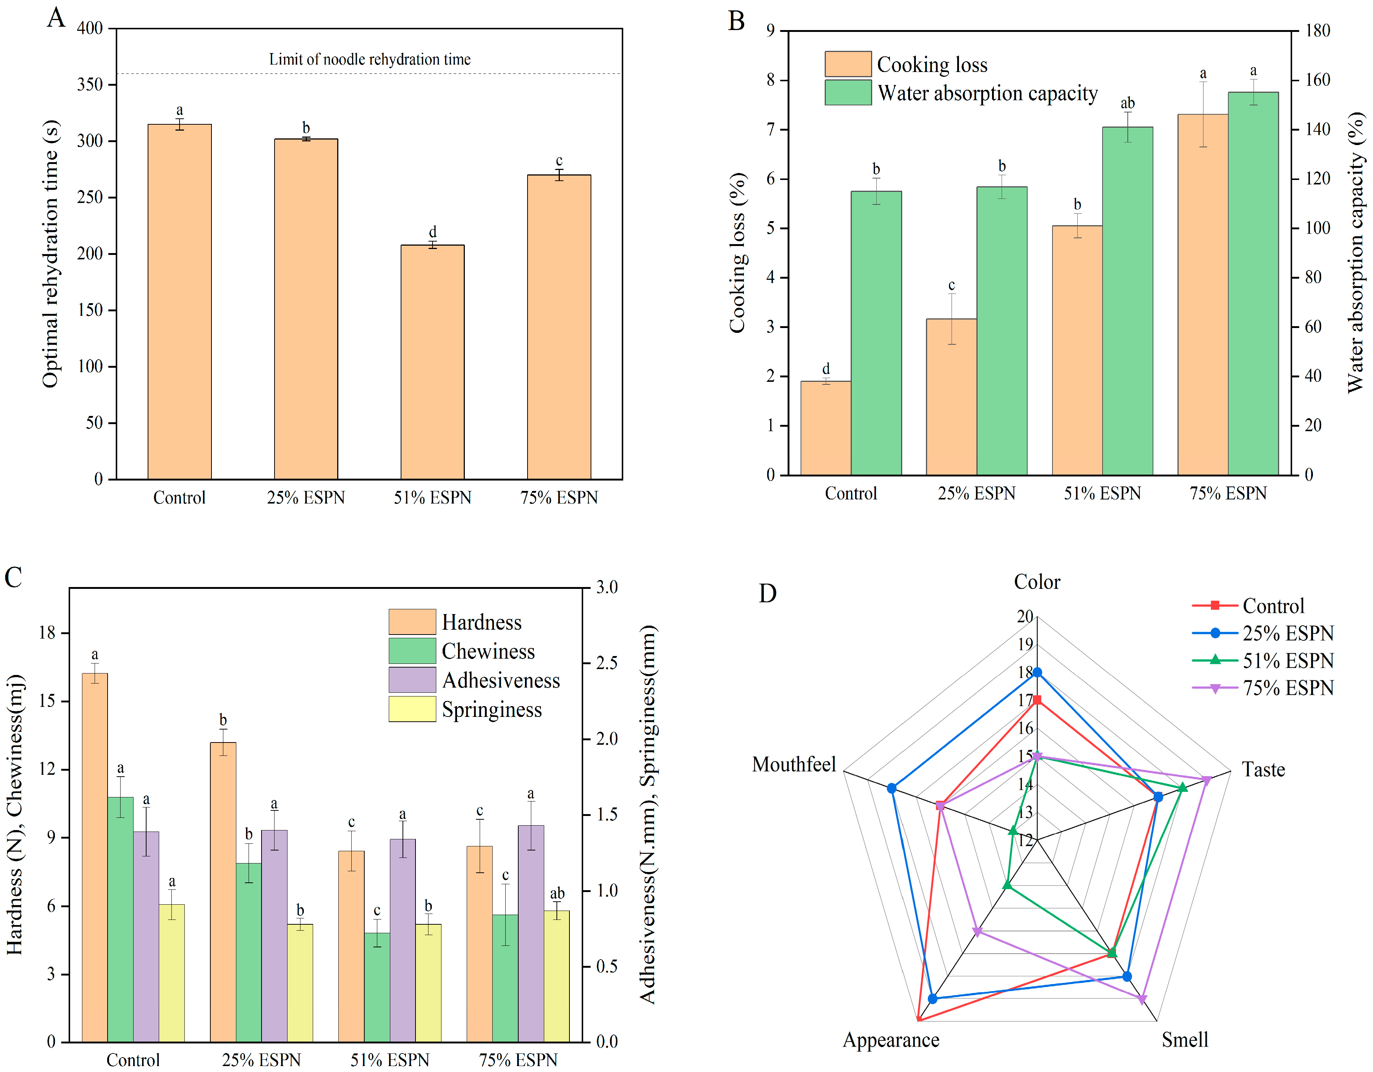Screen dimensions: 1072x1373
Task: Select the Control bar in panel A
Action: click(x=179, y=302)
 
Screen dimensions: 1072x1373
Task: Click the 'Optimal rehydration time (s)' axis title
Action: click(x=50, y=253)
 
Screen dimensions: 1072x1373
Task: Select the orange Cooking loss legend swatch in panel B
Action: click(x=847, y=64)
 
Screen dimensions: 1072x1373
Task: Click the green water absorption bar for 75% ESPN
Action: click(x=1252, y=283)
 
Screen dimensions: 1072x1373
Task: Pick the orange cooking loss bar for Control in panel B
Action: click(x=825, y=427)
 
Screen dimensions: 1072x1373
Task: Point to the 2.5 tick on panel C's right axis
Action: click(x=607, y=664)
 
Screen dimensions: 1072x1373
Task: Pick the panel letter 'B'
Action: click(x=736, y=21)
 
